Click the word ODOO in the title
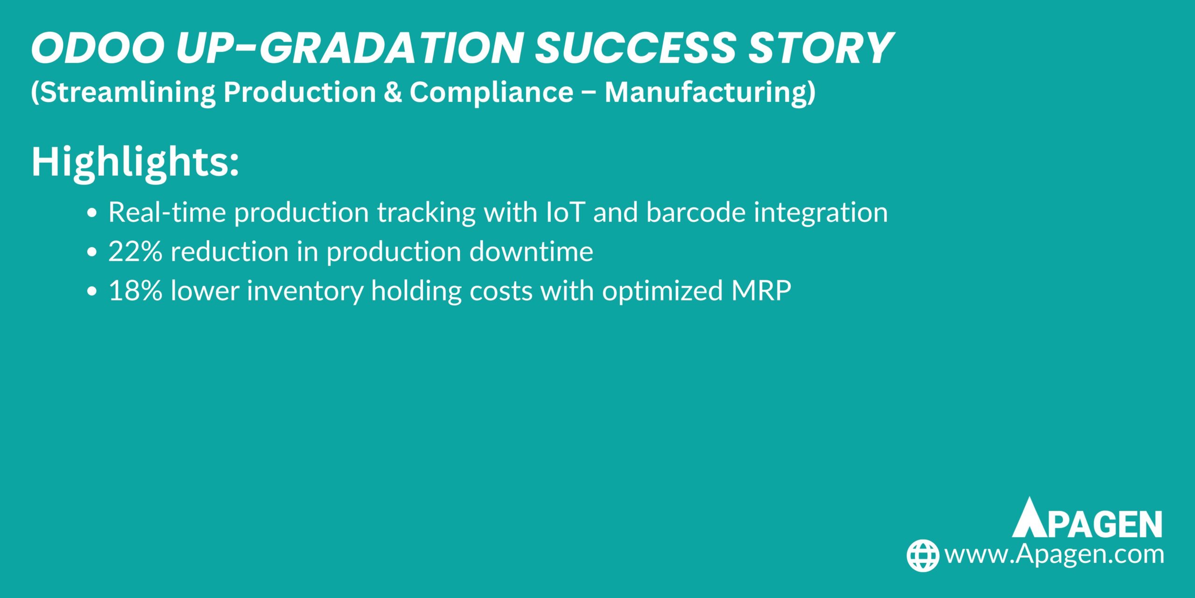point(98,49)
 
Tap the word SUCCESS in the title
point(635,49)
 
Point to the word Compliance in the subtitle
point(492,92)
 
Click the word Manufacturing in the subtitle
point(710,92)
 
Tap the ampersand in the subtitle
point(393,92)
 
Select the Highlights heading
point(135,162)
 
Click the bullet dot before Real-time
point(92,213)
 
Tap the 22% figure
point(135,252)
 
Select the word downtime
point(531,252)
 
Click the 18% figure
point(135,291)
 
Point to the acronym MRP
point(761,291)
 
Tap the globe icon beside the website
point(922,555)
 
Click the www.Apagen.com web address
point(1054,555)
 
